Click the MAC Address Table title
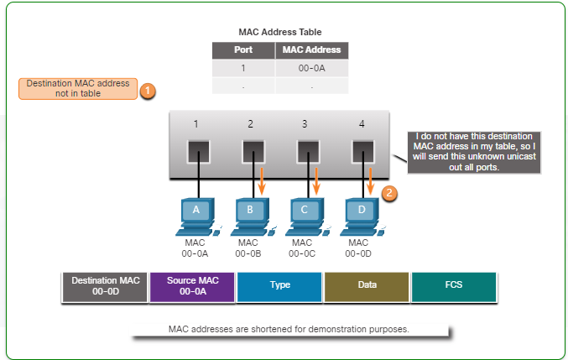click(x=279, y=33)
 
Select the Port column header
click(x=242, y=50)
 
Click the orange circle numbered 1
click(x=147, y=89)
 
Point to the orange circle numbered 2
click(x=389, y=192)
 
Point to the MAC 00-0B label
click(x=250, y=248)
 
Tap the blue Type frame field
click(x=279, y=286)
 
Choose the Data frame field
click(x=367, y=286)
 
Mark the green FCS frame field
click(x=453, y=286)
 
